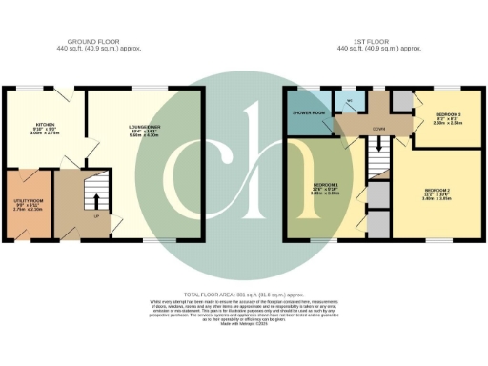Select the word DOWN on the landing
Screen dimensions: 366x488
[378, 126]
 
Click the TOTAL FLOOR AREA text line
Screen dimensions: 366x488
[244, 296]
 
